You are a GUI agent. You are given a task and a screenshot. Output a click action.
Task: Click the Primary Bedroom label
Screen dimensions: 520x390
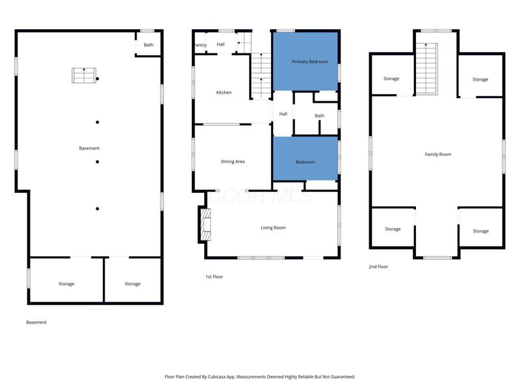[x=310, y=62]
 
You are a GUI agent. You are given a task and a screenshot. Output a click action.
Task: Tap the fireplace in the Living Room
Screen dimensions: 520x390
[x=206, y=224]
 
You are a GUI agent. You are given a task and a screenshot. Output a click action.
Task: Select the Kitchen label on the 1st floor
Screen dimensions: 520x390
[x=224, y=92]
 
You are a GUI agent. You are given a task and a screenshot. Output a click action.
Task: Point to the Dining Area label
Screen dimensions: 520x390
[x=233, y=161]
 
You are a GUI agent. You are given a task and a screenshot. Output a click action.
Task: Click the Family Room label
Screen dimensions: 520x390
[x=438, y=154]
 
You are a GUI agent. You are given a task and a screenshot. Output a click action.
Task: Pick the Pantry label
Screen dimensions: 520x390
[x=200, y=45]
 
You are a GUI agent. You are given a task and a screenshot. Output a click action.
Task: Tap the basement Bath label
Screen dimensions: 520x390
[x=149, y=45]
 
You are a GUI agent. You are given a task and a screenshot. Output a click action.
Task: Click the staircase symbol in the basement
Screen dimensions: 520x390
[x=84, y=75]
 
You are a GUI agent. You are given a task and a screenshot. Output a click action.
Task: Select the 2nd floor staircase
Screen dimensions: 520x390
[x=426, y=69]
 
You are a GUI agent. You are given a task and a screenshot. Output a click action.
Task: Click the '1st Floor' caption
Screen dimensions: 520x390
[x=214, y=277]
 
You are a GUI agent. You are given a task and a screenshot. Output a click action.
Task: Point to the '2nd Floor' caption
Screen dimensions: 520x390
[x=378, y=266]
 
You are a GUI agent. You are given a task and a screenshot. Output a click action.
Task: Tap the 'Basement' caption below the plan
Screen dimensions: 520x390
[x=36, y=322]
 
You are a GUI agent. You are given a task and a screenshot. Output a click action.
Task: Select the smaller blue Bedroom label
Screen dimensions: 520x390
[x=305, y=162]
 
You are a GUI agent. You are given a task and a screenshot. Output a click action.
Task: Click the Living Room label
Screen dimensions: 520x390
[x=273, y=228]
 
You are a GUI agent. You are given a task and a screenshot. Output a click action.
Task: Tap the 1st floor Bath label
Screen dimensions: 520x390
[x=319, y=116]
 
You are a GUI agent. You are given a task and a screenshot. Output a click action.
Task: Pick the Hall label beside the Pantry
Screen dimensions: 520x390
[x=220, y=44]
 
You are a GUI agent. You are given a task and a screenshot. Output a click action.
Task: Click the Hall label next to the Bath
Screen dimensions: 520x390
[x=283, y=114]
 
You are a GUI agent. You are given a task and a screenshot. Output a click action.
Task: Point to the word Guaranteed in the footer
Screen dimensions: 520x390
[x=342, y=377]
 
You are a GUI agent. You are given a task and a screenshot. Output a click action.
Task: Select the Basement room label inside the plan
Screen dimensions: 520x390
[x=89, y=148]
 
